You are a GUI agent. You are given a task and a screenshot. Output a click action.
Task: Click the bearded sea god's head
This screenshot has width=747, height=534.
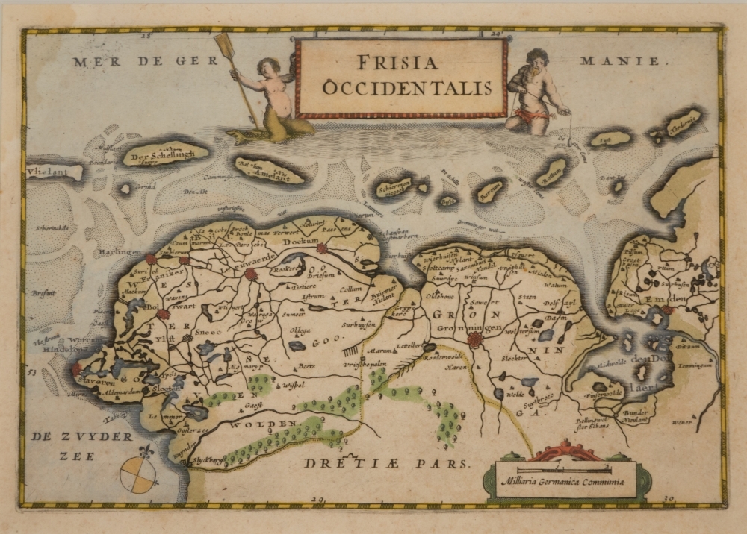(537, 60)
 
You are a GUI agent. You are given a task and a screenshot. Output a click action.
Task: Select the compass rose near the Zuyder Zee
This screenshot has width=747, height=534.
(138, 472)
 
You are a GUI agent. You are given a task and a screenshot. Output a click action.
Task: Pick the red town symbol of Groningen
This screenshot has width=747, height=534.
(474, 340)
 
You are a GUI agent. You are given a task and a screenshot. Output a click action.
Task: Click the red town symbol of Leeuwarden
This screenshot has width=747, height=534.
(251, 274)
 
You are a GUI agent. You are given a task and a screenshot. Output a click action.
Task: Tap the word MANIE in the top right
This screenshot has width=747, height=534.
(622, 62)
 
